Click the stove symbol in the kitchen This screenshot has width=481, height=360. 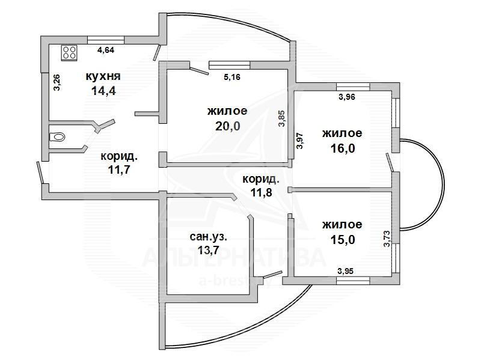[x=69, y=52]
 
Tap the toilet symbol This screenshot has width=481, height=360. [x=57, y=136]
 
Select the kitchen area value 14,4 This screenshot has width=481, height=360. [x=103, y=91]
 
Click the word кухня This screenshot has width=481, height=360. [x=103, y=76]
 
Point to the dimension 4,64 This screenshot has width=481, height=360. [x=106, y=50]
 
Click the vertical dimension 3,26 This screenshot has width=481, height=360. [x=57, y=82]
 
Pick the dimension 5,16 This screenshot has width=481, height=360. [x=232, y=77]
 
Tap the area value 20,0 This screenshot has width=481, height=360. [x=228, y=126]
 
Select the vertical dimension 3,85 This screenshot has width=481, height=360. [x=281, y=118]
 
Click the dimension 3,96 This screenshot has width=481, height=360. [x=347, y=97]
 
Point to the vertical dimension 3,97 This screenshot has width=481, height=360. [x=299, y=141]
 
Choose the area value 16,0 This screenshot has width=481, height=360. [x=343, y=148]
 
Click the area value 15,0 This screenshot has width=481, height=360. [x=343, y=240]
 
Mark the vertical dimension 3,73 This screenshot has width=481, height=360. [x=387, y=239]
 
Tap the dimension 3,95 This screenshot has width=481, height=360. [x=345, y=271]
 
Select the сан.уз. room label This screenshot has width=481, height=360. [x=209, y=237]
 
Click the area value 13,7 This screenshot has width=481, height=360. [x=209, y=250]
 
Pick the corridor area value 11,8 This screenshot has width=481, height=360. [x=262, y=192]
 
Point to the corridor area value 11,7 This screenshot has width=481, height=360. [x=119, y=169]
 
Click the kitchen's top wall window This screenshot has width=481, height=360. [x=106, y=40]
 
